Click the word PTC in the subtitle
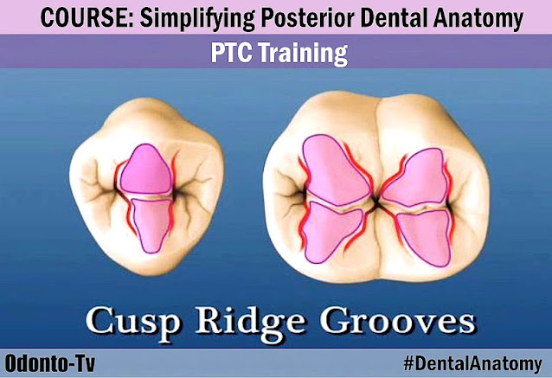pos(232,54)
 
